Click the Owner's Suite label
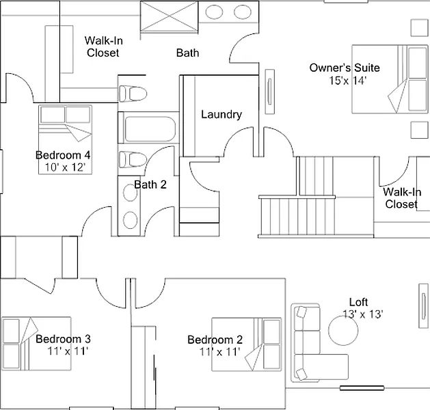pyautogui.click(x=345, y=68)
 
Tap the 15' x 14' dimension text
pyautogui.click(x=348, y=80)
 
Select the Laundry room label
pyautogui.click(x=221, y=114)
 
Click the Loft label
pyautogui.click(x=358, y=302)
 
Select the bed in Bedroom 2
pyautogui.click(x=245, y=344)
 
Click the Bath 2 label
pyautogui.click(x=150, y=184)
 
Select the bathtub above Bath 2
pyautogui.click(x=150, y=128)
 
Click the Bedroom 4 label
pyautogui.click(x=63, y=154)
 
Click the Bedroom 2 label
pyautogui.click(x=215, y=340)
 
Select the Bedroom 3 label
pyautogui.click(x=63, y=339)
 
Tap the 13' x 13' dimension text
pyautogui.click(x=362, y=314)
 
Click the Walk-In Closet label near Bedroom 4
pyautogui.click(x=103, y=46)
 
